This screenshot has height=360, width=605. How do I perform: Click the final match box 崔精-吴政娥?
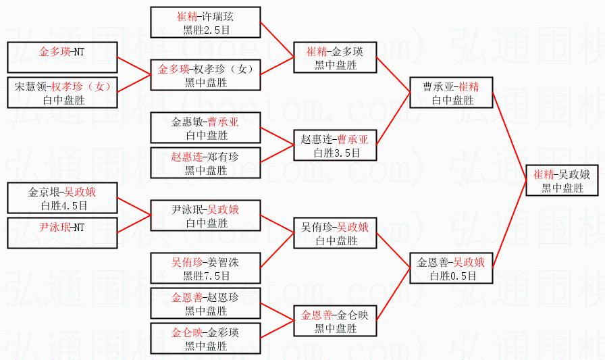coord(562,181)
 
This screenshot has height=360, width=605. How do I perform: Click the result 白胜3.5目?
coord(336,153)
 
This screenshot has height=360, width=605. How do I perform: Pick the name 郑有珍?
coord(223,157)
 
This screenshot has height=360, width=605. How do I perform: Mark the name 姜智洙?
coord(223,261)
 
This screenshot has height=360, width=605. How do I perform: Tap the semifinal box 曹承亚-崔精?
coord(451,93)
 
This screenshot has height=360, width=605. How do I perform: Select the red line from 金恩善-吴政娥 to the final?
coord(509,230)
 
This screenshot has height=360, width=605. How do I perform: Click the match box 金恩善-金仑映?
coord(335,322)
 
